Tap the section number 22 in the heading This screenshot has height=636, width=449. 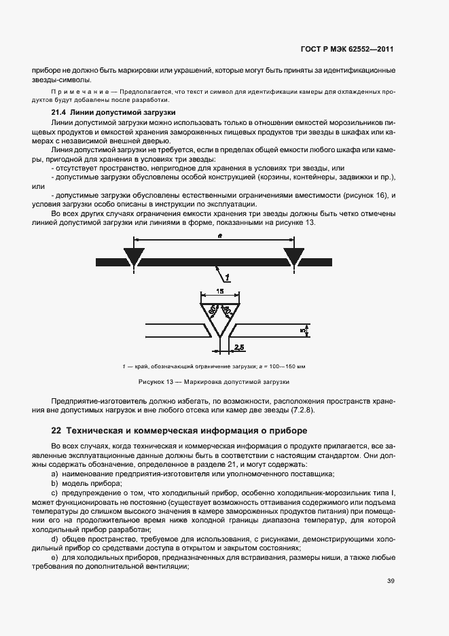(x=56, y=431)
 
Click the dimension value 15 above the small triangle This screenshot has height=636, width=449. (x=220, y=291)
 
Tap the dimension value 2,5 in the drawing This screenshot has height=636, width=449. (x=239, y=348)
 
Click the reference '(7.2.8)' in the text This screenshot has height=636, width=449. (x=302, y=410)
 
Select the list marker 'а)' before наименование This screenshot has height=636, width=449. (x=54, y=473)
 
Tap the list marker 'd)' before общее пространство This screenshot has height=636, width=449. (x=54, y=538)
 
